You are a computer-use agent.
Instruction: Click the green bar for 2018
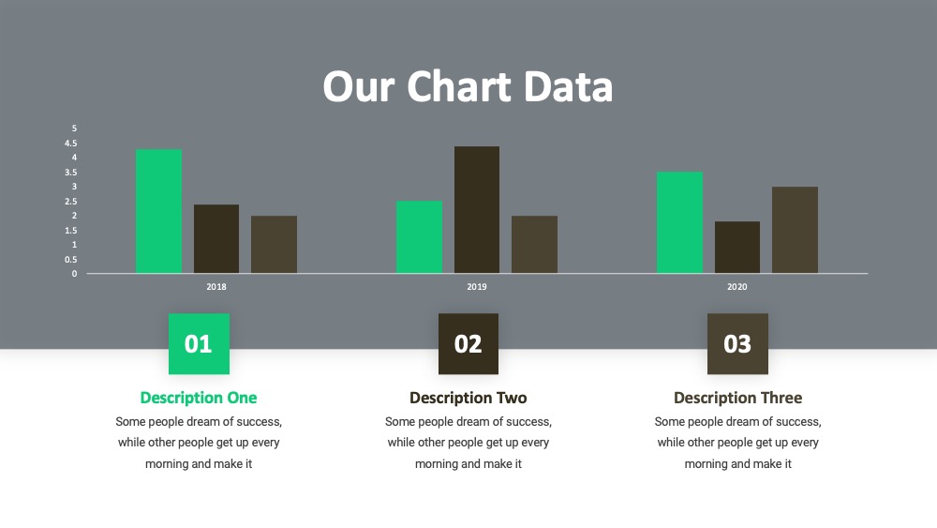(x=158, y=211)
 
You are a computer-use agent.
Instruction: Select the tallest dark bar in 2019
(x=476, y=210)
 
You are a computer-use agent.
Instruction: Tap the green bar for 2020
(x=679, y=222)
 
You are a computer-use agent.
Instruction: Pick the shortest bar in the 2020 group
(x=736, y=248)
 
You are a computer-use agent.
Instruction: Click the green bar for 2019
(x=419, y=236)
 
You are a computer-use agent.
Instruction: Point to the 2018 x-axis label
(x=216, y=287)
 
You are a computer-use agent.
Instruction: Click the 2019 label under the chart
(x=476, y=287)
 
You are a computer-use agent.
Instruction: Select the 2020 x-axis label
(x=736, y=287)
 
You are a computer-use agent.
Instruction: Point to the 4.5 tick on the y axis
(x=71, y=143)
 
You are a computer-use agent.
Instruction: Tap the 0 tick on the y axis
(x=74, y=274)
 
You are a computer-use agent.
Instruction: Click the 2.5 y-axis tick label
(x=71, y=202)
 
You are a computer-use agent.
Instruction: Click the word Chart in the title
(x=459, y=86)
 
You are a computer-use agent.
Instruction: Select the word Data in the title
(x=569, y=86)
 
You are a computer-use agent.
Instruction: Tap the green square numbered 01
(x=199, y=344)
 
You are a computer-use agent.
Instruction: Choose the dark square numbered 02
(x=468, y=344)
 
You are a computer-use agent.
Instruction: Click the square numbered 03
(x=738, y=344)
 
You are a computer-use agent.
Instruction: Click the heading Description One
(x=199, y=398)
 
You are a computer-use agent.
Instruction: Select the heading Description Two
(x=468, y=398)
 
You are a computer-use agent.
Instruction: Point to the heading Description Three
(x=738, y=398)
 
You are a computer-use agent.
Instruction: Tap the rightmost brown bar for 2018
(x=274, y=245)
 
